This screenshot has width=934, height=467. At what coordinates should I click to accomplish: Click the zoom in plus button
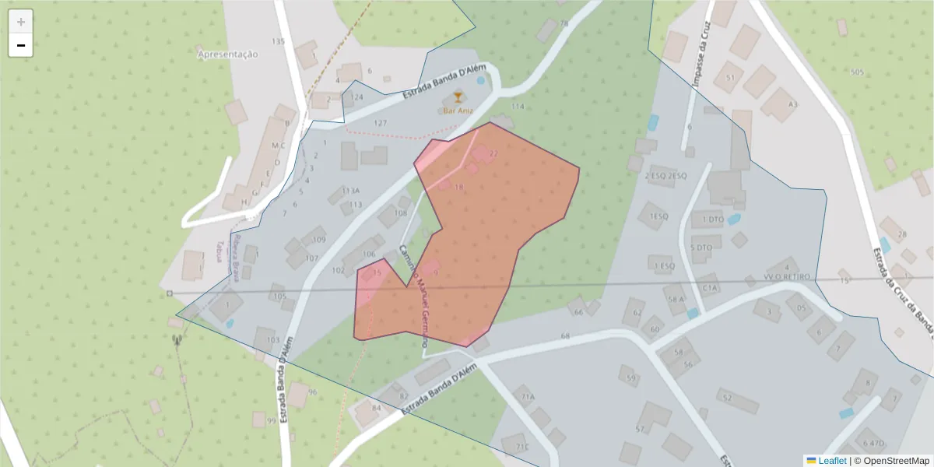click(x=21, y=22)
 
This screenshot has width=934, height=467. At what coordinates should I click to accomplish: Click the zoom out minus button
click(x=21, y=45)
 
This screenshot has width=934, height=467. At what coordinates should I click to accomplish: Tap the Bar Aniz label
click(x=458, y=111)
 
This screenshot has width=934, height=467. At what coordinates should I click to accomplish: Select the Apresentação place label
click(x=227, y=54)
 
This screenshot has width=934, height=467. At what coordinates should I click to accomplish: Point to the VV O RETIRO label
click(x=788, y=277)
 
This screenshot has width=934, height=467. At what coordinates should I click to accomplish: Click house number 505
click(x=857, y=72)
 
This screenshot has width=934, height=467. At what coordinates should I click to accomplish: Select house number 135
click(x=278, y=41)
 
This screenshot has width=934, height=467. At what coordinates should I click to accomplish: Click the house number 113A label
click(x=351, y=191)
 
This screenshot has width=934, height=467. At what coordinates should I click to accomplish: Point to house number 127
click(x=380, y=123)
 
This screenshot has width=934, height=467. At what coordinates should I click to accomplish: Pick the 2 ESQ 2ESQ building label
click(x=665, y=176)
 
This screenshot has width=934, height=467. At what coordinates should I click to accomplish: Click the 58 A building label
click(x=676, y=299)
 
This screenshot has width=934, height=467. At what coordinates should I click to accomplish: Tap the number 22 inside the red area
click(x=493, y=154)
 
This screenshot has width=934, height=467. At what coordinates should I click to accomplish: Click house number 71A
click(x=528, y=397)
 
